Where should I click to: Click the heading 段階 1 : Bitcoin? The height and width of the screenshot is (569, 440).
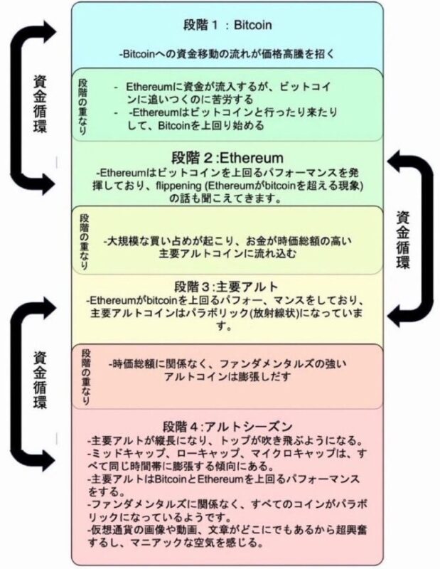coord(227,25)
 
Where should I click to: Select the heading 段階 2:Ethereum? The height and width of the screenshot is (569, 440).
coord(227,158)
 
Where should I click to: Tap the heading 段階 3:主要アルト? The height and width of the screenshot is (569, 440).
coord(226,287)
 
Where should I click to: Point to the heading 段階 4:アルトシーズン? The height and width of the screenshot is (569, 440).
coord(227,425)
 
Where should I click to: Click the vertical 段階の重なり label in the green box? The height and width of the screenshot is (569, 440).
coord(83,107)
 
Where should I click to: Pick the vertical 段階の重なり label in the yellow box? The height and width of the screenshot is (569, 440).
coord(84,242)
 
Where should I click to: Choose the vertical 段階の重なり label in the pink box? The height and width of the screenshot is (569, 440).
coord(86,377)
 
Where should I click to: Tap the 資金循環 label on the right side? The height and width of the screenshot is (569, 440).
coord(403,240)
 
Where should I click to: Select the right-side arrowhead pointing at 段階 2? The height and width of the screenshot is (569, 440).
coord(395,161)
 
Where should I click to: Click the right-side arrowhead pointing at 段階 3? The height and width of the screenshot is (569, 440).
coord(395,315)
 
